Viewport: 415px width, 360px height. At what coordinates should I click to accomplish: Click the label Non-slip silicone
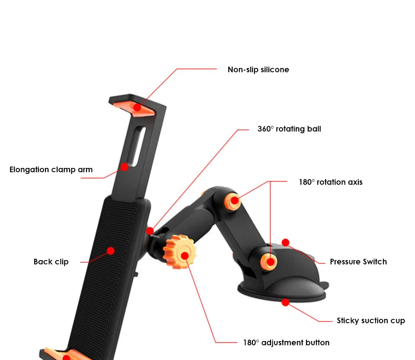(258, 70)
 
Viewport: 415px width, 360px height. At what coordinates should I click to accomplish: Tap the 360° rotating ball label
(289, 129)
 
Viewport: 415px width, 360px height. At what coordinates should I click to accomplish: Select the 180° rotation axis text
(330, 182)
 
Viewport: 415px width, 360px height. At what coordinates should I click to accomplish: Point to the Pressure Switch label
(358, 262)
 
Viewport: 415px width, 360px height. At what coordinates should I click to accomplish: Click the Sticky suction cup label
(370, 321)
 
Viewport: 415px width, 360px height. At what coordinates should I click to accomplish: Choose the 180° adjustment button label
(286, 343)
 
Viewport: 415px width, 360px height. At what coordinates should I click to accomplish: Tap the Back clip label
(51, 262)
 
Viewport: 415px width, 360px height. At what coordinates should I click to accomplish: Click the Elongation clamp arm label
(51, 170)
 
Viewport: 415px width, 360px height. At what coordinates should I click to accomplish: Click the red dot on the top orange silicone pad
(137, 107)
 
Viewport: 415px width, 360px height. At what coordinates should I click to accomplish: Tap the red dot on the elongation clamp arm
(124, 167)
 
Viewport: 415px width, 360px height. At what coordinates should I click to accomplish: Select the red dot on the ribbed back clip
(111, 251)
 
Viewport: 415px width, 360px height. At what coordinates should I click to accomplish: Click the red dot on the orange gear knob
(185, 255)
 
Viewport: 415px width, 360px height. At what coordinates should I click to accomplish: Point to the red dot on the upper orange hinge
(234, 200)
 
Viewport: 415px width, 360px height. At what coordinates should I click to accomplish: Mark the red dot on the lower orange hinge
(271, 261)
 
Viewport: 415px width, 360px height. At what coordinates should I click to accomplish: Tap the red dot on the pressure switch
(285, 243)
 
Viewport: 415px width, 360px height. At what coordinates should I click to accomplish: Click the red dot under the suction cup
(285, 302)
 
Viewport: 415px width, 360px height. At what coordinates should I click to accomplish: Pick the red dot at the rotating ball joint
(150, 231)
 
